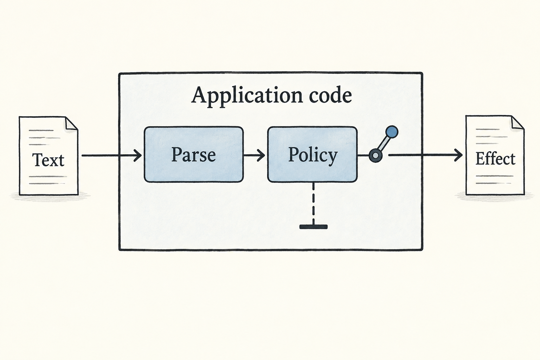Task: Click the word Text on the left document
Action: point(48,160)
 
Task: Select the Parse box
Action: point(194,154)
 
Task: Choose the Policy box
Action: point(313,154)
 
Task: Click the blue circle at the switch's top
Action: point(392,132)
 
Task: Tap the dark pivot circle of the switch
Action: point(375,155)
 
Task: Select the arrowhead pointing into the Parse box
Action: point(137,155)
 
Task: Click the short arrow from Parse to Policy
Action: point(254,155)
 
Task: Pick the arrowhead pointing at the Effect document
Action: point(458,155)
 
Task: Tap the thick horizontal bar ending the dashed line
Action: point(313,227)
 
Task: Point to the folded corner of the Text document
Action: point(71,124)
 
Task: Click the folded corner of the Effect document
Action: point(517,123)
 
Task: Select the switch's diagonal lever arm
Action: point(384,144)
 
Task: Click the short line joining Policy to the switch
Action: point(363,155)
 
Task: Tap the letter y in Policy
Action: point(332,158)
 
